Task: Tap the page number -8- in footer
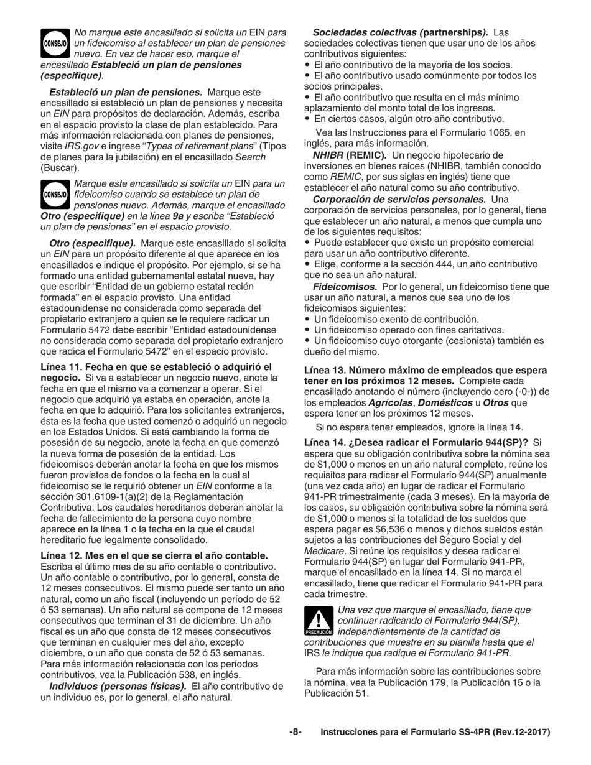tap(295, 732)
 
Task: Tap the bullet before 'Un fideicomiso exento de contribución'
tap(307, 319)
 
